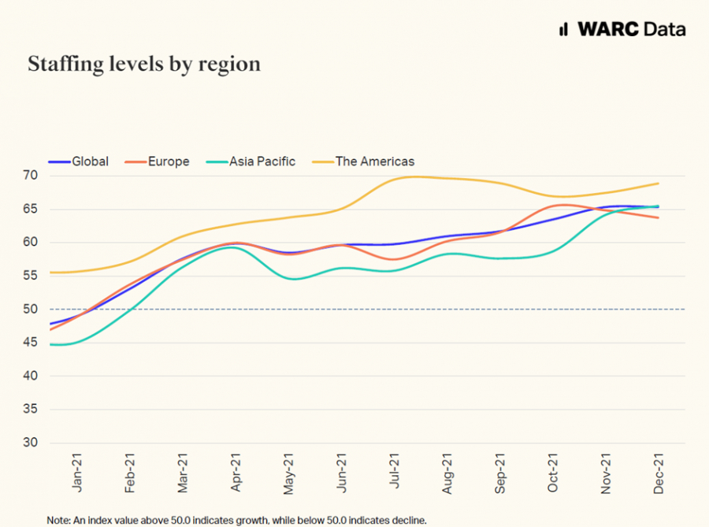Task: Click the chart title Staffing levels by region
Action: (144, 64)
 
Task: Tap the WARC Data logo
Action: (622, 29)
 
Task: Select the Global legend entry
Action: (79, 161)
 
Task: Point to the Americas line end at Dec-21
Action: (659, 184)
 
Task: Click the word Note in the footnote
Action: (58, 520)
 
